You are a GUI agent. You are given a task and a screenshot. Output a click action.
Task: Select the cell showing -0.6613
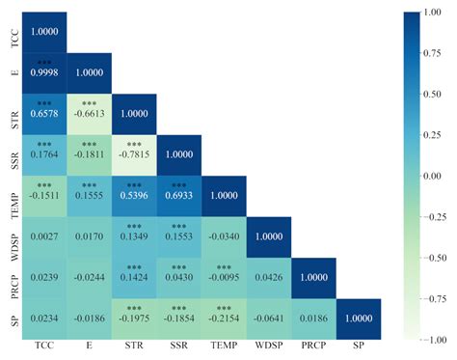[x=90, y=115]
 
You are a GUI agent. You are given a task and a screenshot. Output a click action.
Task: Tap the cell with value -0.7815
[x=134, y=155]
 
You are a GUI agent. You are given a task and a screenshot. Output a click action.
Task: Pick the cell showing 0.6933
[x=179, y=197]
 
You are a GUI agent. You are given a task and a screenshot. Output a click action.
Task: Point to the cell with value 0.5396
[x=134, y=197]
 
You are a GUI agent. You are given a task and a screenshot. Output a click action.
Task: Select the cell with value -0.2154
[x=224, y=319]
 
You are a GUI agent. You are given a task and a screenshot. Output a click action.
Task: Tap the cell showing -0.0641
[x=269, y=319]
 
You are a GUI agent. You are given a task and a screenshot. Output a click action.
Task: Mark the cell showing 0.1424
[x=134, y=278]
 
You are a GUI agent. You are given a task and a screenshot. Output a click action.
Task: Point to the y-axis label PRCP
[x=13, y=279]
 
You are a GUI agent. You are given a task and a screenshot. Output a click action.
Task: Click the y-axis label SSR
[x=13, y=155]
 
